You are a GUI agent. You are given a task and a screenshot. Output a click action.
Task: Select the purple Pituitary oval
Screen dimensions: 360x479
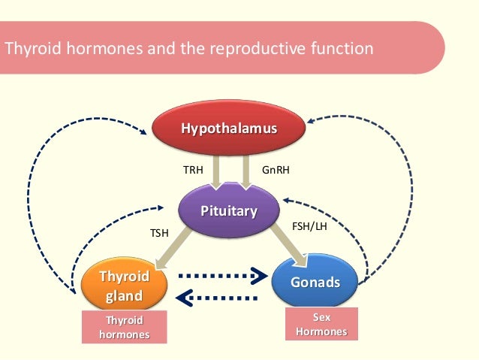(228, 211)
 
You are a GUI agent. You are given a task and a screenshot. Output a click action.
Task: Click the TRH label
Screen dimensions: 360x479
(193, 171)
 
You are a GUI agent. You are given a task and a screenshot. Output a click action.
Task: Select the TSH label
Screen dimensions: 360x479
(159, 234)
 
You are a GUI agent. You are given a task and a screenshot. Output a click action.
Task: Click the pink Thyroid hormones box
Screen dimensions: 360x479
(125, 328)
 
